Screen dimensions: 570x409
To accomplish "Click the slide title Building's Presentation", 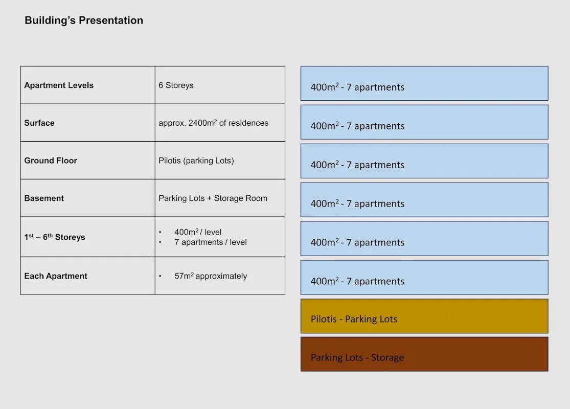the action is tap(84, 20).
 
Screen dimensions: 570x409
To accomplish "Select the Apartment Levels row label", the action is tap(59, 85).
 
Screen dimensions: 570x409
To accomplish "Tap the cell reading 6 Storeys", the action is tap(176, 85).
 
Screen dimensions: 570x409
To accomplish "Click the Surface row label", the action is tap(39, 123).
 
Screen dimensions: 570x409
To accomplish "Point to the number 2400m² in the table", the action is tap(202, 123).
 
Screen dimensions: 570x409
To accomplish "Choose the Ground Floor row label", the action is tap(51, 161).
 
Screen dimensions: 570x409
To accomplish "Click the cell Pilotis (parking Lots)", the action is tap(196, 161).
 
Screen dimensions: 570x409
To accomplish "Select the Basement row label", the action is tap(44, 198).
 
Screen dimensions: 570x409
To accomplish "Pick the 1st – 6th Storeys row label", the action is tap(55, 237).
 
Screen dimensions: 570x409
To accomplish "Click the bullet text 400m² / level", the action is tap(198, 232).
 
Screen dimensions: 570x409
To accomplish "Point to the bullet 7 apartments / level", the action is tap(211, 242).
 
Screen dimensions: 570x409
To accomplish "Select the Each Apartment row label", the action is tap(56, 276).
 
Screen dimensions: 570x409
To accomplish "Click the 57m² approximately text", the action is tap(211, 276).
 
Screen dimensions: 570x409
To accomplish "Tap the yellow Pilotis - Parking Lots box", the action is tap(424, 316).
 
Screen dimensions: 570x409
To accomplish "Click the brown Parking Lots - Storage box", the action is tap(424, 354).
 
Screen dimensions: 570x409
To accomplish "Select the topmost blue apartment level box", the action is tap(424, 83).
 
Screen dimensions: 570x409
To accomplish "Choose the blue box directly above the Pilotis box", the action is tap(424, 278).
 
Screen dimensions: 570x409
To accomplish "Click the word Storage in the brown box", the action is tap(387, 358).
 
